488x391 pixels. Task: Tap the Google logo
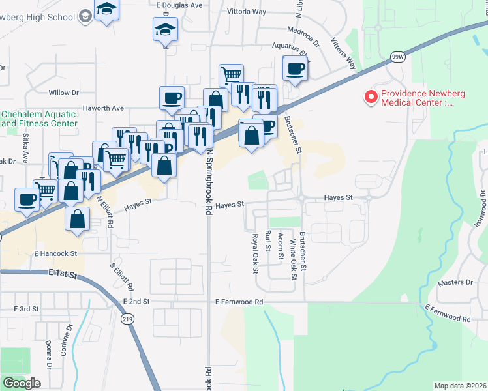click(x=22, y=383)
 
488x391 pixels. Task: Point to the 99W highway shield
click(x=397, y=57)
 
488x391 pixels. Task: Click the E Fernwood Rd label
click(x=239, y=302)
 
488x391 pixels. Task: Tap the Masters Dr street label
click(x=455, y=282)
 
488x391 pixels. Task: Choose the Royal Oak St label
click(x=256, y=253)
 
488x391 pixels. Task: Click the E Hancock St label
click(x=56, y=253)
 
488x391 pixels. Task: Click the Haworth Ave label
click(x=103, y=108)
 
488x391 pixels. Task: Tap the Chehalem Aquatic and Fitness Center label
click(x=39, y=118)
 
